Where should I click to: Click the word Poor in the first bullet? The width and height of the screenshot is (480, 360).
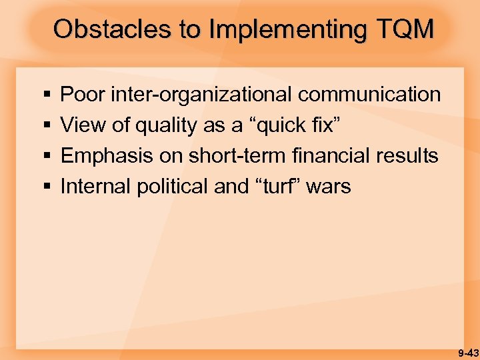(x=82, y=95)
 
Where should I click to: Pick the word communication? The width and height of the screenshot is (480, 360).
(x=369, y=95)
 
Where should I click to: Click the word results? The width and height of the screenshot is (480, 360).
(x=407, y=156)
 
